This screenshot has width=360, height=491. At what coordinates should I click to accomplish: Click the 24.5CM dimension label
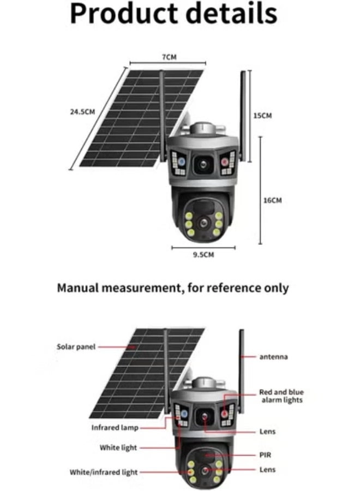pos(82,112)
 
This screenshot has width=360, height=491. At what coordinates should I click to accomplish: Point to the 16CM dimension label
pos(272,200)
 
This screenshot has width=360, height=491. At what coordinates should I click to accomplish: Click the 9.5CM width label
pos(203,254)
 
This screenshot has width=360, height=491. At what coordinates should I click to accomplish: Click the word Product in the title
pos(129,15)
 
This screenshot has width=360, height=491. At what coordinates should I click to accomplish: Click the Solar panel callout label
pos(76,346)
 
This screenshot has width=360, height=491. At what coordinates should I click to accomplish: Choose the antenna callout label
pos(274,357)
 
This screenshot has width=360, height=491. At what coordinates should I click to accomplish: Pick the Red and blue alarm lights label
pos(281,396)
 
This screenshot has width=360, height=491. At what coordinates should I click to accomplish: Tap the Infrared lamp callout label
pos(115,427)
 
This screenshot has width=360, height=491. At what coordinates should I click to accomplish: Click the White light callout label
pos(118,448)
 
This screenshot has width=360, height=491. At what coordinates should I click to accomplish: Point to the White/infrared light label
pos(104,472)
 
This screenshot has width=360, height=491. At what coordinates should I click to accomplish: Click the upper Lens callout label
pos(267,432)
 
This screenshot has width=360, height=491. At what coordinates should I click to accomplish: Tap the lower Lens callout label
pos(267,470)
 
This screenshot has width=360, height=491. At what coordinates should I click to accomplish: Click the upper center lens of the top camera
pos(202,163)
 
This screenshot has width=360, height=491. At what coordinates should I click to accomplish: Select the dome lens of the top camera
pos(203,223)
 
